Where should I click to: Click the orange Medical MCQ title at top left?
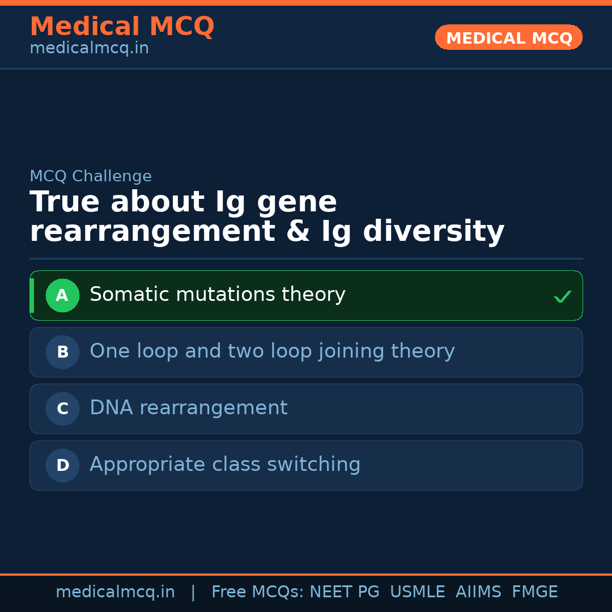coord(122,27)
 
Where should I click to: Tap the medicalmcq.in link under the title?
coord(89,49)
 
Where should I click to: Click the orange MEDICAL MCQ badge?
coord(509,38)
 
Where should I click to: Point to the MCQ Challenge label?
coord(91,176)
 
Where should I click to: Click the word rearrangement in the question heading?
coord(152,232)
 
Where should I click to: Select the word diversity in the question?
coord(433,232)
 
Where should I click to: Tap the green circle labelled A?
coord(62,295)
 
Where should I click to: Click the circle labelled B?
coord(62,352)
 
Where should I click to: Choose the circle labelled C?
coord(62,409)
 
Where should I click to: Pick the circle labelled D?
coord(62,465)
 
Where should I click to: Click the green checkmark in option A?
coord(562,296)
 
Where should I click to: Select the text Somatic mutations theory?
coord(218,295)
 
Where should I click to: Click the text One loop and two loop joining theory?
coord(272,351)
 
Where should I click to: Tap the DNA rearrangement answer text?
coord(189,408)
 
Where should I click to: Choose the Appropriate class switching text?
coord(225,465)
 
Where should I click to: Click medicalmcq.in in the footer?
coord(115,592)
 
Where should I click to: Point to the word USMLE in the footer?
coord(417,592)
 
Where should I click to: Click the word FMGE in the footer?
coord(534,592)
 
